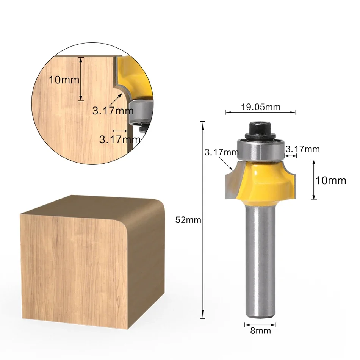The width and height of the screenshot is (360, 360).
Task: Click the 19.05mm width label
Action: [261, 107]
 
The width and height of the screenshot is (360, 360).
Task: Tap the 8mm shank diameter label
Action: [260, 331]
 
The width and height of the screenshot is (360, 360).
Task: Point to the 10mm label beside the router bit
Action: [331, 180]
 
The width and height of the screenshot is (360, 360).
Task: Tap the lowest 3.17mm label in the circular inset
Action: [120, 139]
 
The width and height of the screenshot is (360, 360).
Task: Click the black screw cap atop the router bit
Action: [260, 130]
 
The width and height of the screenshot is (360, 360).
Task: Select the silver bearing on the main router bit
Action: [260, 150]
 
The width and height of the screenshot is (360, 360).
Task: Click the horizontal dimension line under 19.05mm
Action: [260, 112]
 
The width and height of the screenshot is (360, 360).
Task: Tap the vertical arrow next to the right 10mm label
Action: [313, 180]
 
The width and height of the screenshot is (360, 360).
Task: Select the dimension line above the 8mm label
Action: [260, 324]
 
